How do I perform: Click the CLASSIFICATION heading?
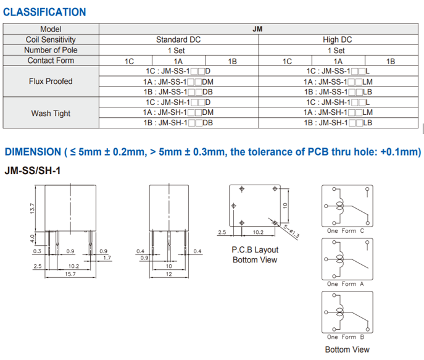pos(44,12)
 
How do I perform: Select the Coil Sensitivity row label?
pos(51,40)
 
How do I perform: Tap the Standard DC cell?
pos(178,40)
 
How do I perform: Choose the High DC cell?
pos(338,40)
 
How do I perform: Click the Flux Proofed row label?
pos(51,81)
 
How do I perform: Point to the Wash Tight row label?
pos(51,113)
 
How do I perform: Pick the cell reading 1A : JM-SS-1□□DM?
pos(178,82)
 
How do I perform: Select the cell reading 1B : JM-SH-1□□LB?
pos(338,123)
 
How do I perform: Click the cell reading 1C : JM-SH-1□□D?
pos(178,103)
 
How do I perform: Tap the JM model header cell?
pos(257,29)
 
